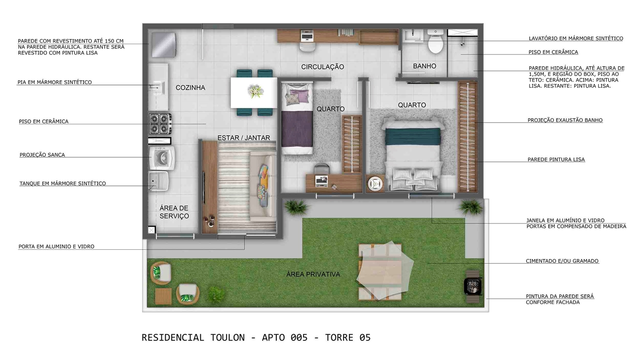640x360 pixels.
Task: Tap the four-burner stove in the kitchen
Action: [160, 123]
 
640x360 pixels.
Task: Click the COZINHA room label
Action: [190, 88]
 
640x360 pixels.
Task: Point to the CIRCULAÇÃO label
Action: [322, 67]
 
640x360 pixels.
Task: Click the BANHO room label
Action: [424, 66]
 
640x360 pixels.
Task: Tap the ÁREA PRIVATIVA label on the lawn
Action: [313, 274]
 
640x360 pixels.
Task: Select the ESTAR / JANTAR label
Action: [244, 138]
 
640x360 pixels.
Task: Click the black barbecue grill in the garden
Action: [472, 285]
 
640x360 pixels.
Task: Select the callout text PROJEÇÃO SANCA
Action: [42, 155]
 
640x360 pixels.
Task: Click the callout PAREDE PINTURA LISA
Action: [556, 160]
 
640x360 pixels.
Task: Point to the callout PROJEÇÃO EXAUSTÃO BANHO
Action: [565, 120]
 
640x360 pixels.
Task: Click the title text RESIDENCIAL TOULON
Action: [193, 337]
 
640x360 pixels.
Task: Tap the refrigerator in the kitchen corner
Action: [162, 44]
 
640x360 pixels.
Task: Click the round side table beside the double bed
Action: [375, 184]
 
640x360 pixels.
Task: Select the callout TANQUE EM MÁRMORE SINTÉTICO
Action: [62, 184]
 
